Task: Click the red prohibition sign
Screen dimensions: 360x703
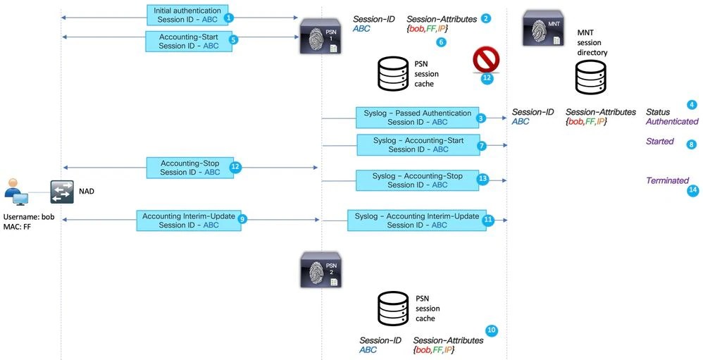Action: point(486,61)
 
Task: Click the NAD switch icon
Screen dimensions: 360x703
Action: point(62,191)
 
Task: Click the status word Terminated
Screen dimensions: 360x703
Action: point(667,181)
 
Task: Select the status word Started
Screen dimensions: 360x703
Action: point(660,142)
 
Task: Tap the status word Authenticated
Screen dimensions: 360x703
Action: point(671,122)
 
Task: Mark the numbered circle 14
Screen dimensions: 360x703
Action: point(692,190)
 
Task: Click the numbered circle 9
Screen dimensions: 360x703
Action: point(242,219)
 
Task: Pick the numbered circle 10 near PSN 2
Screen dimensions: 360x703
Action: point(491,330)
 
